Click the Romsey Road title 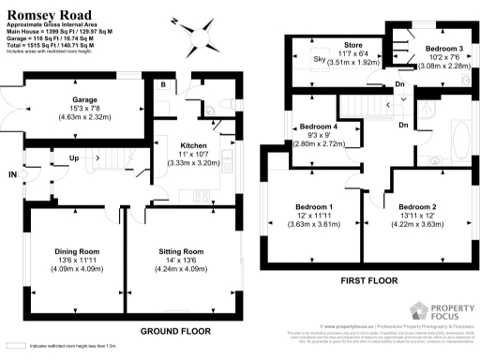[43, 11]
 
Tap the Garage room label [72, 97]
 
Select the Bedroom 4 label [319, 127]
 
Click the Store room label [352, 45]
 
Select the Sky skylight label [318, 58]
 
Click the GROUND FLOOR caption [173, 332]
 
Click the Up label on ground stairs [73, 157]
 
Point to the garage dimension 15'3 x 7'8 [72, 107]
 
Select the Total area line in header [53, 43]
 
